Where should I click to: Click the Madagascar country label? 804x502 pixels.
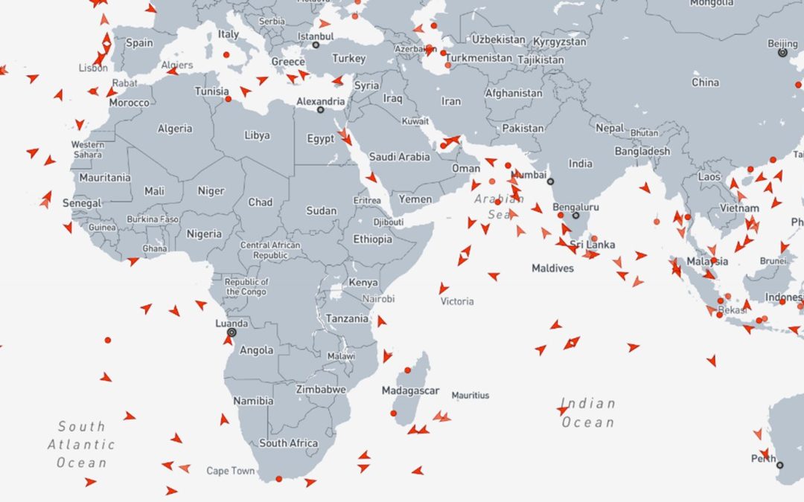click(x=410, y=390)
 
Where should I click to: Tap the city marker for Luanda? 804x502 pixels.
click(x=232, y=332)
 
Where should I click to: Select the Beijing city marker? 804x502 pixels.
click(x=782, y=53)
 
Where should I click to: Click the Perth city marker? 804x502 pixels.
click(x=780, y=465)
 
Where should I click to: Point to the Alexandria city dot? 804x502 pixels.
click(x=320, y=110)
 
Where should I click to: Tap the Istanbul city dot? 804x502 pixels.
click(x=316, y=45)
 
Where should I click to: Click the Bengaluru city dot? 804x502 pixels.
click(x=575, y=216)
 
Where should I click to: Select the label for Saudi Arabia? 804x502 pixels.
click(x=400, y=157)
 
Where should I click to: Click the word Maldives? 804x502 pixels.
click(x=552, y=268)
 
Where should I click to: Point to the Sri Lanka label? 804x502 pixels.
click(x=592, y=245)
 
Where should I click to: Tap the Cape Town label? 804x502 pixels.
click(x=230, y=471)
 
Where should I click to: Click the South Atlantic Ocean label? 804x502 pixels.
click(x=82, y=445)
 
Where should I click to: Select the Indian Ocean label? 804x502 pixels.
click(x=588, y=413)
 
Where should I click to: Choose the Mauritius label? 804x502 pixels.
click(x=470, y=396)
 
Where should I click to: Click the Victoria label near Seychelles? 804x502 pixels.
click(x=457, y=301)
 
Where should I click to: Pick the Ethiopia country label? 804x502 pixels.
click(x=373, y=239)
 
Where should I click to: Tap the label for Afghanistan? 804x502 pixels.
click(x=514, y=94)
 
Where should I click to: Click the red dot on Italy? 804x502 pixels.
click(x=226, y=55)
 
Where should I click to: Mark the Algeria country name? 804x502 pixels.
click(x=175, y=129)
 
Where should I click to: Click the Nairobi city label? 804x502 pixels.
click(x=379, y=298)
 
